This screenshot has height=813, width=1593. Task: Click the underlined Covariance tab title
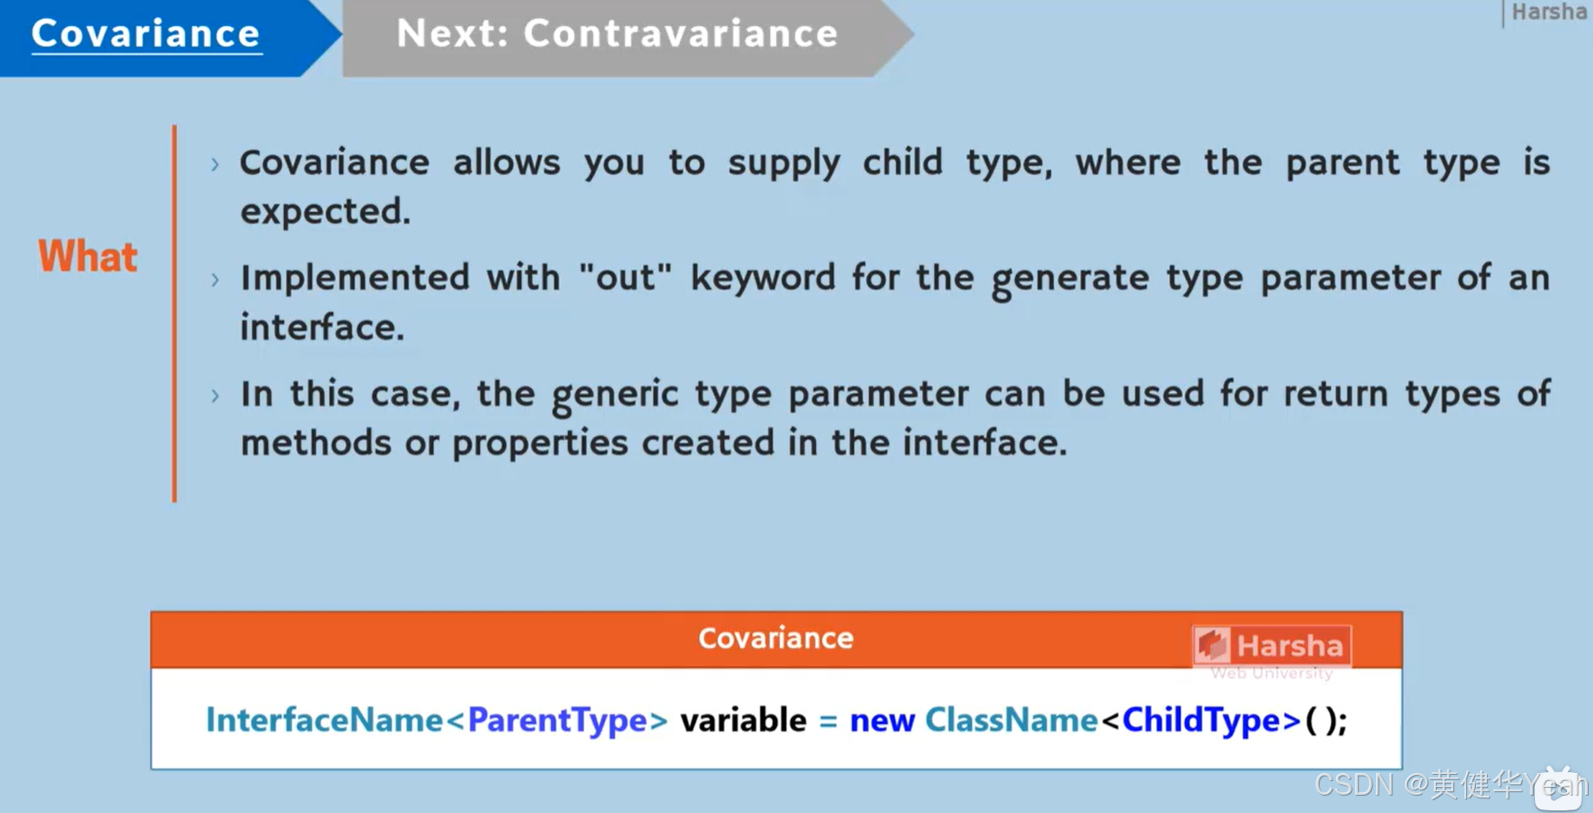[x=146, y=35]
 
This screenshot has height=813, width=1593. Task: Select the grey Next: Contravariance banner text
[x=617, y=35]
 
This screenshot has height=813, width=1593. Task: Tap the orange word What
[x=88, y=257]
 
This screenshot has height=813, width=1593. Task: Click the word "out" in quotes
[x=625, y=279]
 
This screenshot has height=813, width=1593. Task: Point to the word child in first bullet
[x=902, y=162]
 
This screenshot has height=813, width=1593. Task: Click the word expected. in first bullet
[x=325, y=212]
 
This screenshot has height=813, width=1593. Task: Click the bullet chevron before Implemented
[x=215, y=279]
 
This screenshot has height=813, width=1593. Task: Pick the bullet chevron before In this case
[x=215, y=396]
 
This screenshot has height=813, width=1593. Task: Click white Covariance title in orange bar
[x=775, y=639]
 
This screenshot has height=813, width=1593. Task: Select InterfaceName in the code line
[x=324, y=720]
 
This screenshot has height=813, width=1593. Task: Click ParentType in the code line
[x=556, y=720]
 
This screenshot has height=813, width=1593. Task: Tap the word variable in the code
[x=743, y=720]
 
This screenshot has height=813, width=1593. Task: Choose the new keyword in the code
[x=881, y=720]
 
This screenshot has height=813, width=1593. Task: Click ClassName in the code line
[x=1010, y=720]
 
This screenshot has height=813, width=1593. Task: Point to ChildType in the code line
[x=1200, y=720]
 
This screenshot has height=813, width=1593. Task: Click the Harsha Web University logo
[x=1271, y=652]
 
